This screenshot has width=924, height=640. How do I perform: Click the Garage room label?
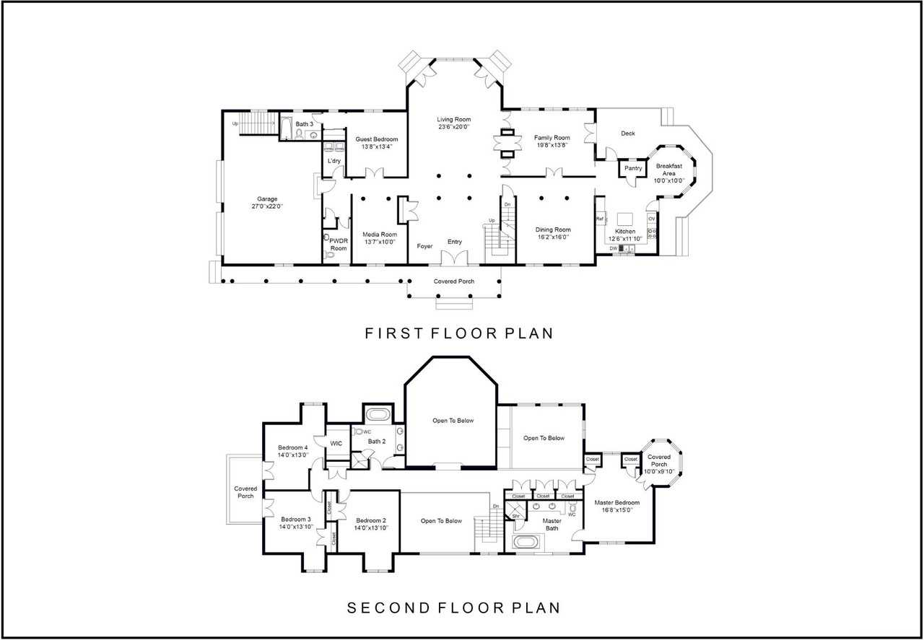267,198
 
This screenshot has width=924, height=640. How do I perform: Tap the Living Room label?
454,120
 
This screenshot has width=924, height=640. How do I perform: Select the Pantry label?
633,168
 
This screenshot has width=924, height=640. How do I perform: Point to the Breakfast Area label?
668,170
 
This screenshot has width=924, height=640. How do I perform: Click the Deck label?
628,133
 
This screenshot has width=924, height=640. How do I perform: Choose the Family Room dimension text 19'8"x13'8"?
552,145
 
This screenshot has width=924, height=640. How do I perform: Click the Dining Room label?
553,229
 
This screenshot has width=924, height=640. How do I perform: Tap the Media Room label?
380,234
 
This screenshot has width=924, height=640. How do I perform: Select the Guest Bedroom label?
377,139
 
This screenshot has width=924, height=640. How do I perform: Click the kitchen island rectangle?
625,219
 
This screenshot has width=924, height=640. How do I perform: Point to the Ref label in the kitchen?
600,219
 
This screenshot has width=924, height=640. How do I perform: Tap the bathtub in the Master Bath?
526,541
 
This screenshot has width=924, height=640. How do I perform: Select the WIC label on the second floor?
336,444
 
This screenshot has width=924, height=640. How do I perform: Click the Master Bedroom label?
616,503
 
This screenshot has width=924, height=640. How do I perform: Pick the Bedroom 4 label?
292,447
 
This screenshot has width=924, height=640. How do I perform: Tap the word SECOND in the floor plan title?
388,608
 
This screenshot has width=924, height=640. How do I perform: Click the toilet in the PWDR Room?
330,255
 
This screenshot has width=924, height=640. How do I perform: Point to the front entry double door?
454,258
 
